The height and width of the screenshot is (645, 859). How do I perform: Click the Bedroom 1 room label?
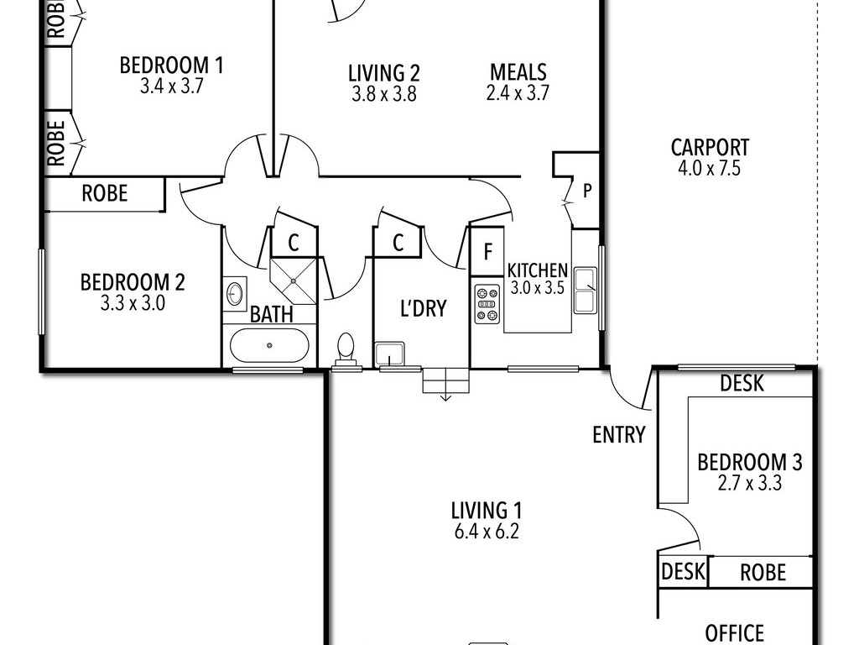click(x=171, y=66)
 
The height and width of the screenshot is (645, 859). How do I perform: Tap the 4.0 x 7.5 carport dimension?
click(x=710, y=168)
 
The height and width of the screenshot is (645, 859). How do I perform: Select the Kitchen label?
click(x=538, y=270)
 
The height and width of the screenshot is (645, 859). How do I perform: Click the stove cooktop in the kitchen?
click(x=487, y=304)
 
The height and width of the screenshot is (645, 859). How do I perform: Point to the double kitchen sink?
click(x=585, y=290)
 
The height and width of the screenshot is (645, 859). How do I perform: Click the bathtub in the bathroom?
click(x=269, y=345)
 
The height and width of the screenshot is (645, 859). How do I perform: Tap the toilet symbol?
click(x=346, y=349)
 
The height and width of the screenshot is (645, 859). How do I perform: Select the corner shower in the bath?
click(x=294, y=281)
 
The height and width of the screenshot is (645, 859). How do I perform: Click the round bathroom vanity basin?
click(x=235, y=293)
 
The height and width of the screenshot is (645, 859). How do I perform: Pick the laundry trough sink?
click(x=389, y=354)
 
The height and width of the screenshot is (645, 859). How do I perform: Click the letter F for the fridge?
click(x=487, y=252)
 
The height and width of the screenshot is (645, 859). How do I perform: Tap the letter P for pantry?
click(x=587, y=191)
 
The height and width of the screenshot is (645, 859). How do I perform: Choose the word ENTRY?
click(x=619, y=435)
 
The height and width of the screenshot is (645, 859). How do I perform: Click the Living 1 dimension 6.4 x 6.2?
click(x=487, y=532)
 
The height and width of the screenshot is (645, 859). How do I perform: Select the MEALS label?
click(x=518, y=72)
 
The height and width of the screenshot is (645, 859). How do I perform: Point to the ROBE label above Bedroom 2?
click(x=105, y=193)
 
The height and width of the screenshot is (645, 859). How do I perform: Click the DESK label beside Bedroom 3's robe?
click(x=683, y=571)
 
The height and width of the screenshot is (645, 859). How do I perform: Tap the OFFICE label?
click(x=734, y=633)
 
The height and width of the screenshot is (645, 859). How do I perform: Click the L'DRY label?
click(x=424, y=308)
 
